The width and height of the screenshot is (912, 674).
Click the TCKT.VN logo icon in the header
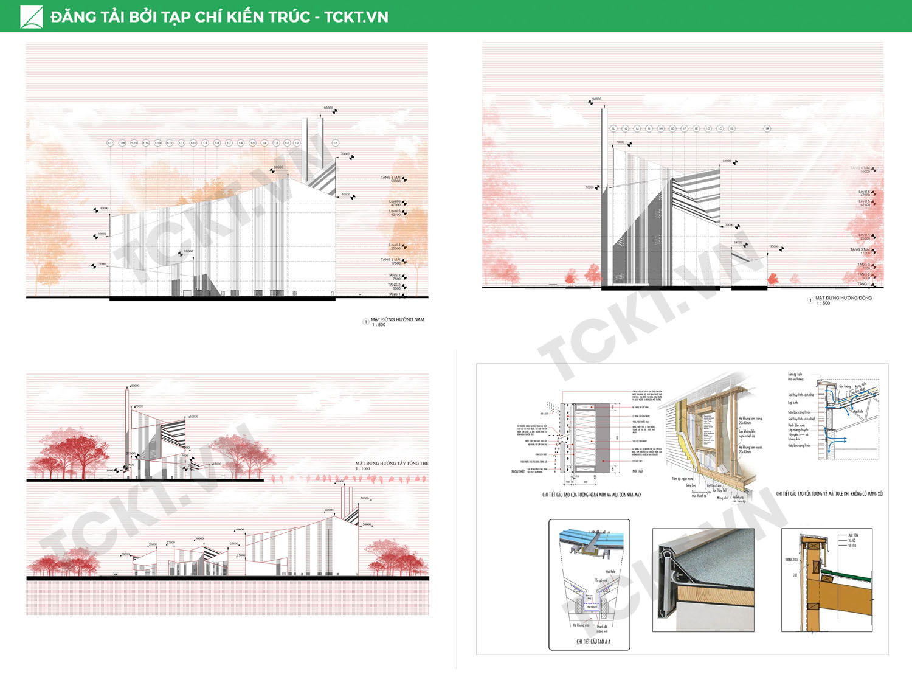(x=32, y=16)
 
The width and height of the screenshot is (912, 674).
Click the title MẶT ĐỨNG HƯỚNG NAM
(x=397, y=319)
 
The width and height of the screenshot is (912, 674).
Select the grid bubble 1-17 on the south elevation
(x=111, y=143)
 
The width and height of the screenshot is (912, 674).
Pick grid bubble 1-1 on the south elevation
(x=335, y=143)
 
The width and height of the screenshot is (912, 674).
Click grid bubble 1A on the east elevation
(x=767, y=128)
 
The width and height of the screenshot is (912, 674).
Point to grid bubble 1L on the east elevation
(x=613, y=128)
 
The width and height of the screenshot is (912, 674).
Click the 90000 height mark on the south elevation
(x=328, y=108)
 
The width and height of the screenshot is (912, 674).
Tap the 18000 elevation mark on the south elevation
(x=188, y=251)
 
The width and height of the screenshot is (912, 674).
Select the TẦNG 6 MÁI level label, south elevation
(x=391, y=179)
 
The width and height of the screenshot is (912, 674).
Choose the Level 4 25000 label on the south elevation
(x=395, y=246)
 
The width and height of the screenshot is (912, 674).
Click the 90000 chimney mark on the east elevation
(x=596, y=99)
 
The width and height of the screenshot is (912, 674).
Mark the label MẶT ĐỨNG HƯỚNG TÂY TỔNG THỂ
(x=392, y=464)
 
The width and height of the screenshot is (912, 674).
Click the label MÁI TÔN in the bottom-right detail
(x=853, y=535)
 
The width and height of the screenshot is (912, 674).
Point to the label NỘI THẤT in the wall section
(x=637, y=471)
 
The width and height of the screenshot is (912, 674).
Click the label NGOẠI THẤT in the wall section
(x=517, y=471)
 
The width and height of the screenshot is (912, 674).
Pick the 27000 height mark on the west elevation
(x=171, y=542)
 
